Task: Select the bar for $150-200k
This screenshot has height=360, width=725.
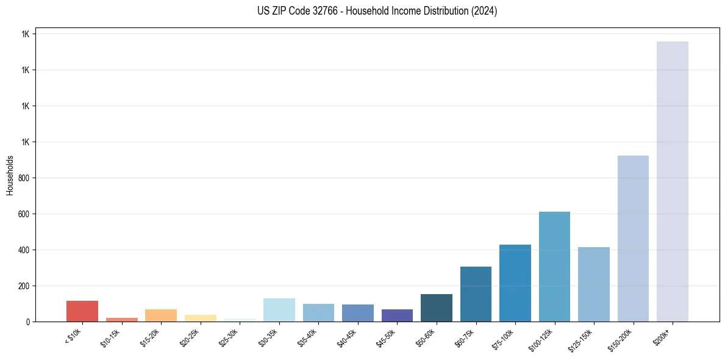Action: tap(633, 239)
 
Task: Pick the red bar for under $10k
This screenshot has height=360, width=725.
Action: tap(82, 311)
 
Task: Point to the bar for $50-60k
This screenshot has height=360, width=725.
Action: tap(437, 308)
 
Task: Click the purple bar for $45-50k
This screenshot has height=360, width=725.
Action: tap(397, 315)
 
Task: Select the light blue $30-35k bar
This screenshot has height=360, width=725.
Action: tap(279, 310)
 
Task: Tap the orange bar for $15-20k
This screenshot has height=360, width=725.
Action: tap(161, 315)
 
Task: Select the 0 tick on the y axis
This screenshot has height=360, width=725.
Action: tap(27, 322)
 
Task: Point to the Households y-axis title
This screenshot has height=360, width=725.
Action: tap(10, 175)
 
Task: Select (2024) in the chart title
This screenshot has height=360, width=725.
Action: tap(484, 11)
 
